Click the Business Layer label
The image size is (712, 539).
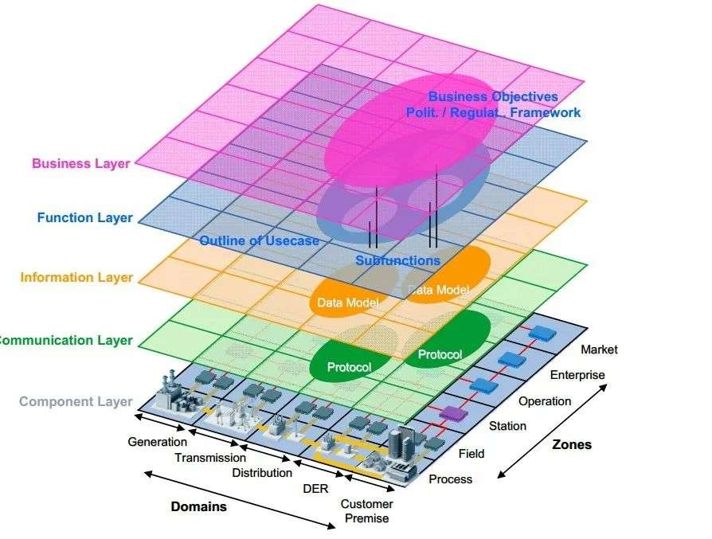pos(82,163)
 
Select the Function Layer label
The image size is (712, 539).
pos(84,217)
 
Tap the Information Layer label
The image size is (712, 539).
pos(76,278)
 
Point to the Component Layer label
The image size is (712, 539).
pos(76,401)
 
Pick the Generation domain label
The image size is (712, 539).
pos(157,441)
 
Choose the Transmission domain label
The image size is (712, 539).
pos(210,458)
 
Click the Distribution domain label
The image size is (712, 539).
pos(262,473)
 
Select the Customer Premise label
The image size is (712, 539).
pos(366,511)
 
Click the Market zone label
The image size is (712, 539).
pos(599,350)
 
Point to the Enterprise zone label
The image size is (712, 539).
pos(577,375)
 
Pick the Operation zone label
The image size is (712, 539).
pos(545,401)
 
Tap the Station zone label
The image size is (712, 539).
pos(507,426)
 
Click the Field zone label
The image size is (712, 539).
pos(471,454)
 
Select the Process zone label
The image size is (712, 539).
pos(450,479)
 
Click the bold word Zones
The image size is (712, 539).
pos(572,444)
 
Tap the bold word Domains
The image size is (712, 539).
pos(198,506)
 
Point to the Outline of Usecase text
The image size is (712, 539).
pos(259,240)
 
